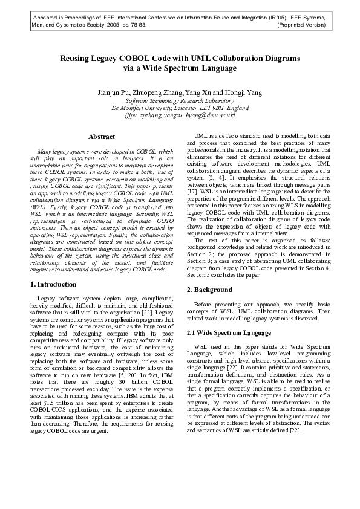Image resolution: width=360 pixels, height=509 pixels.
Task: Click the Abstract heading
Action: (x=101, y=137)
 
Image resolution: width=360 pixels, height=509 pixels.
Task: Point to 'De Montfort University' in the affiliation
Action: (x=149, y=108)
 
